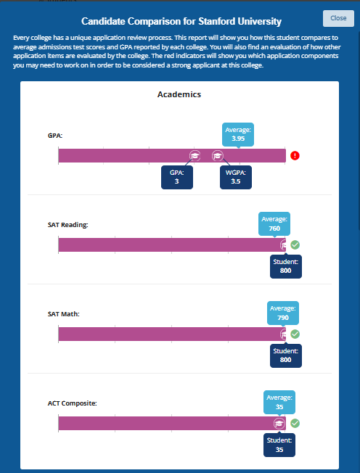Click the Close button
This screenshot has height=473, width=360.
tap(338, 18)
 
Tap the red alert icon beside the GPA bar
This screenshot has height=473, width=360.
tap(295, 156)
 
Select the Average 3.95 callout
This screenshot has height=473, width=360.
tap(238, 134)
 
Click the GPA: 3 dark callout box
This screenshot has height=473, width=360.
tap(177, 177)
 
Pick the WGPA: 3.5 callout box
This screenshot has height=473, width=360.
tap(236, 177)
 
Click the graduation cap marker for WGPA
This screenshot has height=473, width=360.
tap(217, 156)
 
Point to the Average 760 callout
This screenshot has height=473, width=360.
tap(274, 224)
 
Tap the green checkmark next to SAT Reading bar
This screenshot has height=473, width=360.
tap(295, 245)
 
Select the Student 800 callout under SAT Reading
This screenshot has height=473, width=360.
tap(286, 267)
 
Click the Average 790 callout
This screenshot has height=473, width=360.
tap(283, 313)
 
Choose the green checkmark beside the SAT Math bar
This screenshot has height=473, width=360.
tap(295, 334)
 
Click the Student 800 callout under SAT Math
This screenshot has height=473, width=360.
tap(286, 356)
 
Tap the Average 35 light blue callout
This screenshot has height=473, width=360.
tap(279, 402)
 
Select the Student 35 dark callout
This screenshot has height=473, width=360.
tap(279, 445)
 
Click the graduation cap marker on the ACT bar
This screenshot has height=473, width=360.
tap(279, 424)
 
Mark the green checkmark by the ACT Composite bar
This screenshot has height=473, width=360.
tap(295, 424)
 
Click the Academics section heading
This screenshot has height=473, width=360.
tap(179, 94)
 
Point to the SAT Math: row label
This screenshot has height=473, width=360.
tap(64, 314)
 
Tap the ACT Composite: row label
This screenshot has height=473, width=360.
tap(73, 403)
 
